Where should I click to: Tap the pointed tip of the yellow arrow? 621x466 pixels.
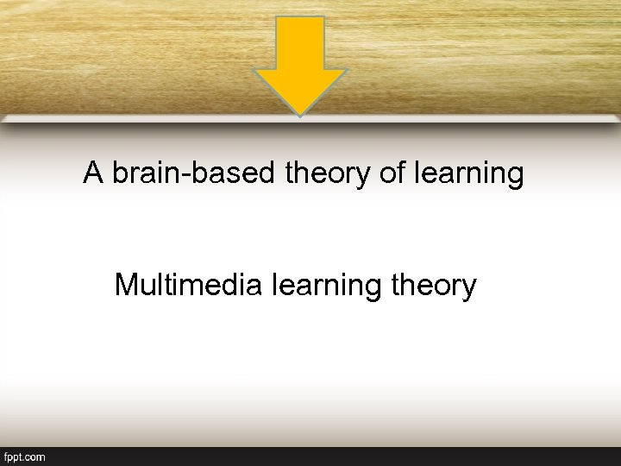(x=300, y=114)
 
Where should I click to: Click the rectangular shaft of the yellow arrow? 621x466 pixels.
(x=300, y=43)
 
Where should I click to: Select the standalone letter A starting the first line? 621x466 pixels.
(x=93, y=173)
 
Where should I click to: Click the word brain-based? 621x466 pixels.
(x=195, y=174)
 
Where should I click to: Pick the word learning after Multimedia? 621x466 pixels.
(x=324, y=286)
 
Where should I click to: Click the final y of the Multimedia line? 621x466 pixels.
(x=469, y=288)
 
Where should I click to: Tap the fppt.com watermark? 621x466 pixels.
(x=25, y=457)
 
